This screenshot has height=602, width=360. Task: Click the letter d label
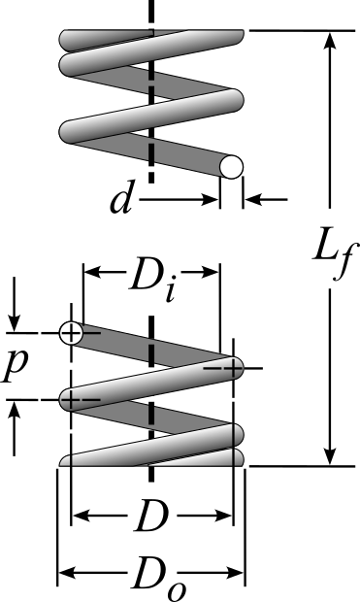pyautogui.click(x=121, y=201)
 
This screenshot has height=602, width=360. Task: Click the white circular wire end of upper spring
pyautogui.click(x=230, y=167)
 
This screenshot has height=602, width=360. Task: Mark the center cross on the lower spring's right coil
pyautogui.click(x=232, y=368)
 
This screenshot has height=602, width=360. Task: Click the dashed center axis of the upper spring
pyautogui.click(x=150, y=97)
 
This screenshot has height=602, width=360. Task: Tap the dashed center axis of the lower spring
pyautogui.click(x=150, y=408)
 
